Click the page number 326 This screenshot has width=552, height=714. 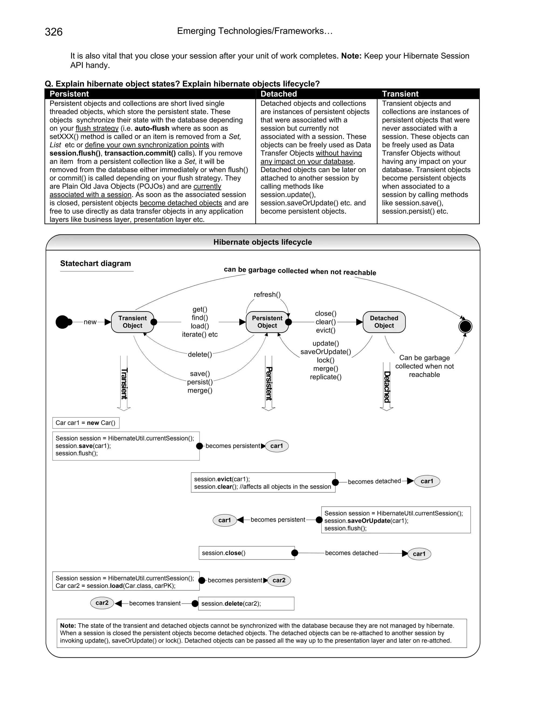click(x=54, y=32)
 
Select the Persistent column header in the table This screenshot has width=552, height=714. click(x=69, y=94)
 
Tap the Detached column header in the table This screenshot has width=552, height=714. click(x=279, y=94)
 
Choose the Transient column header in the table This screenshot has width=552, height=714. click(x=400, y=94)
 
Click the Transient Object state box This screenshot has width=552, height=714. click(x=132, y=322)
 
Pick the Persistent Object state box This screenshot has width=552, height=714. click(x=267, y=322)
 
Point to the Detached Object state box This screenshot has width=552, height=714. click(x=384, y=322)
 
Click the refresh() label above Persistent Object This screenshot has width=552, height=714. click(x=267, y=294)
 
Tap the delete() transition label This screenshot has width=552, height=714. click(x=200, y=354)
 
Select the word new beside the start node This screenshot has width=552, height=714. click(x=90, y=322)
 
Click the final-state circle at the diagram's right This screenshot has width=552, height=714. click(x=465, y=326)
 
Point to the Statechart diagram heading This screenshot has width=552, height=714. click(x=95, y=263)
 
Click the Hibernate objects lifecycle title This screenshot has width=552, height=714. click(x=263, y=242)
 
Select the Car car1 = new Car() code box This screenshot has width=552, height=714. click(x=86, y=423)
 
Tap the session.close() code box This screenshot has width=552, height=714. click(x=247, y=553)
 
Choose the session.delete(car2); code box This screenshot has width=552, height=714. click(x=247, y=604)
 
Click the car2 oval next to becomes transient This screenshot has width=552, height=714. click(x=102, y=603)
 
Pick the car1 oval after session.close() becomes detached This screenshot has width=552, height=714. click(x=419, y=554)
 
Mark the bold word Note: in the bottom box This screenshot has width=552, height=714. click(x=68, y=625)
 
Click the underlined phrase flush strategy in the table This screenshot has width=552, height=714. click(x=97, y=128)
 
